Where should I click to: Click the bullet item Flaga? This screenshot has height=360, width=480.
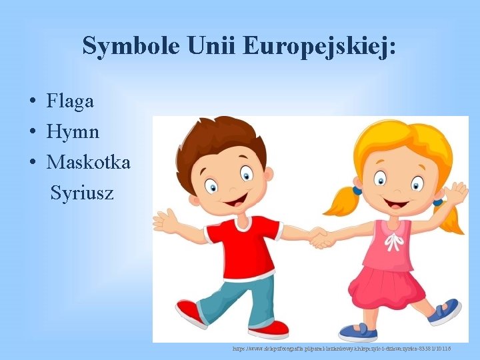click(70, 101)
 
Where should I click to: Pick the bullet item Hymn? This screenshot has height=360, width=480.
click(73, 132)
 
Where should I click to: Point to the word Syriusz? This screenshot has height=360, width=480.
click(82, 193)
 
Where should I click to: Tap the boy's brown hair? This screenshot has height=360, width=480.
click(220, 140)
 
